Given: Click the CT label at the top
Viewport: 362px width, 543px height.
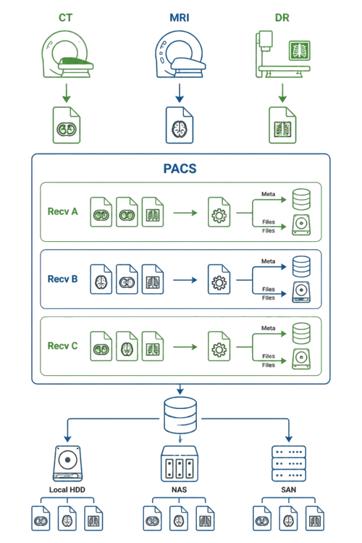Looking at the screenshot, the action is (x=65, y=17).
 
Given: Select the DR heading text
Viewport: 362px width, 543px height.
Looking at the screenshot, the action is (x=282, y=17).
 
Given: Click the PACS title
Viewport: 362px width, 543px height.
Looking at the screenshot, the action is (x=180, y=169).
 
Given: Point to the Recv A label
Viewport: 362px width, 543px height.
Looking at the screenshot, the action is (x=63, y=211).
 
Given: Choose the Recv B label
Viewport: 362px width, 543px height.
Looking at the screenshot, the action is (x=63, y=279).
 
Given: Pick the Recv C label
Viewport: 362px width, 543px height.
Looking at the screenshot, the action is (x=63, y=345).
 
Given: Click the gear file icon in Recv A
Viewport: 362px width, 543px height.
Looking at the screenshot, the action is (x=219, y=212).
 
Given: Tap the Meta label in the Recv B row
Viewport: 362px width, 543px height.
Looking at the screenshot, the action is (x=268, y=261).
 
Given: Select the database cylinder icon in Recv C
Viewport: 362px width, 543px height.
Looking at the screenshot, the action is (x=301, y=333).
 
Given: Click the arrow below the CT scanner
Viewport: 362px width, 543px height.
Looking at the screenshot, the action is (x=67, y=93).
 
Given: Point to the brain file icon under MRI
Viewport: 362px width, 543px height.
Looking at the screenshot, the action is (x=180, y=125).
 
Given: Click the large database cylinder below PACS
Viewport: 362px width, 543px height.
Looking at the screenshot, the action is (x=180, y=416).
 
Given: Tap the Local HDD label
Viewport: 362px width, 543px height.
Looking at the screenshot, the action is (x=67, y=489).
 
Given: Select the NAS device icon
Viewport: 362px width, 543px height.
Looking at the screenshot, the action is (x=180, y=463).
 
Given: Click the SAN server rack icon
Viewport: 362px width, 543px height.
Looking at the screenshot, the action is (x=289, y=463).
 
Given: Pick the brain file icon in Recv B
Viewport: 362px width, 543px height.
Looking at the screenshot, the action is (x=101, y=279).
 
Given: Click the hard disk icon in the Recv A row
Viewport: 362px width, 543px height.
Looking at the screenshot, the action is (x=301, y=224).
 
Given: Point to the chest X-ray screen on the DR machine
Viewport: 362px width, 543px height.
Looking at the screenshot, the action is (x=299, y=51).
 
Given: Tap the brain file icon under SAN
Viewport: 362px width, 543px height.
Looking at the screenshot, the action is (x=289, y=518).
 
